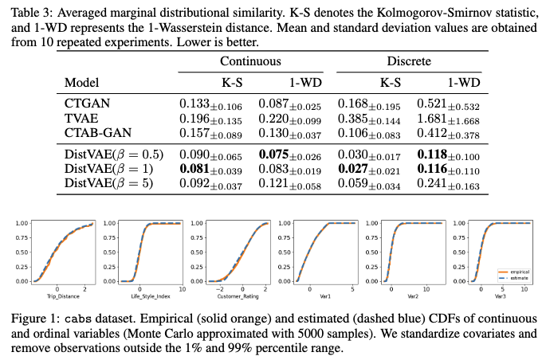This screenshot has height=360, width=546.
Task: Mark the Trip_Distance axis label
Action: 57,296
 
